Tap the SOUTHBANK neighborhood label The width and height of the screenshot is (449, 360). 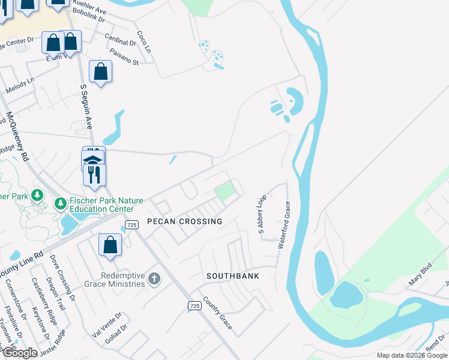(x=233, y=276)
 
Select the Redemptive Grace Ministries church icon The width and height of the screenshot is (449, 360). (x=154, y=278)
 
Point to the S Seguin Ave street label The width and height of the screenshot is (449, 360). (x=88, y=108)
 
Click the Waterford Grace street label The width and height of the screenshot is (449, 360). (x=284, y=225)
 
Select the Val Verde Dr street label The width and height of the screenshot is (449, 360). (x=106, y=324)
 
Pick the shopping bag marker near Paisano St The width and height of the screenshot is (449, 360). (x=100, y=72)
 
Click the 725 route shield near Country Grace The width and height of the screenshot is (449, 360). (x=194, y=305)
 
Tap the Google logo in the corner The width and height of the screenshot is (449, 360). (x=20, y=353)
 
